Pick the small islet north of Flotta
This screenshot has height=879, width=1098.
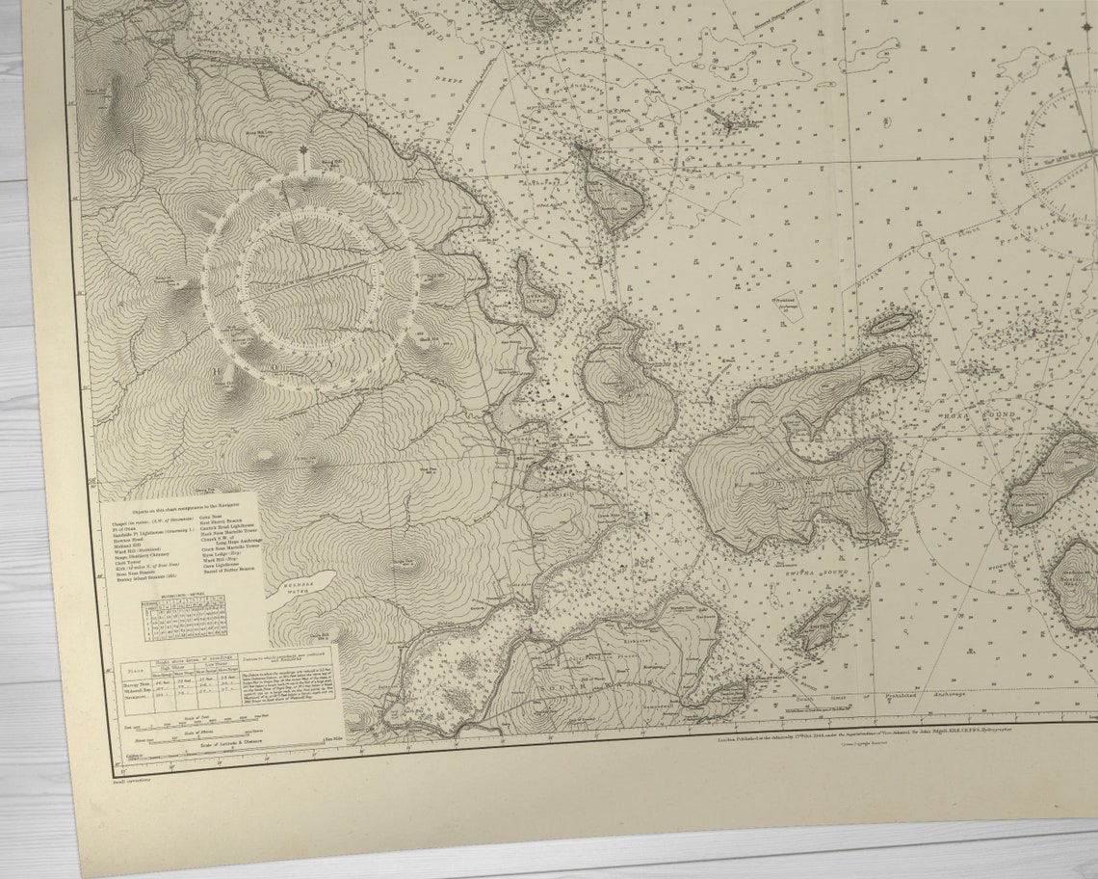pos(893,323)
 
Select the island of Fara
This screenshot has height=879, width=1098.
pos(627,382)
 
